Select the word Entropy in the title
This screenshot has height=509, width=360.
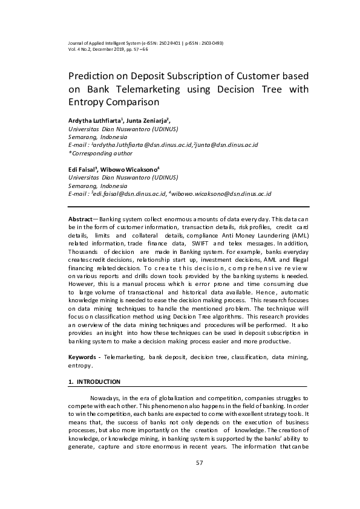click(x=85, y=103)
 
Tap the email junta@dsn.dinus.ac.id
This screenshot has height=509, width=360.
click(x=228, y=145)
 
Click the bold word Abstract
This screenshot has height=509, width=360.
click(x=81, y=218)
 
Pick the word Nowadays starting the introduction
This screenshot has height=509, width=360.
click(x=109, y=398)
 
